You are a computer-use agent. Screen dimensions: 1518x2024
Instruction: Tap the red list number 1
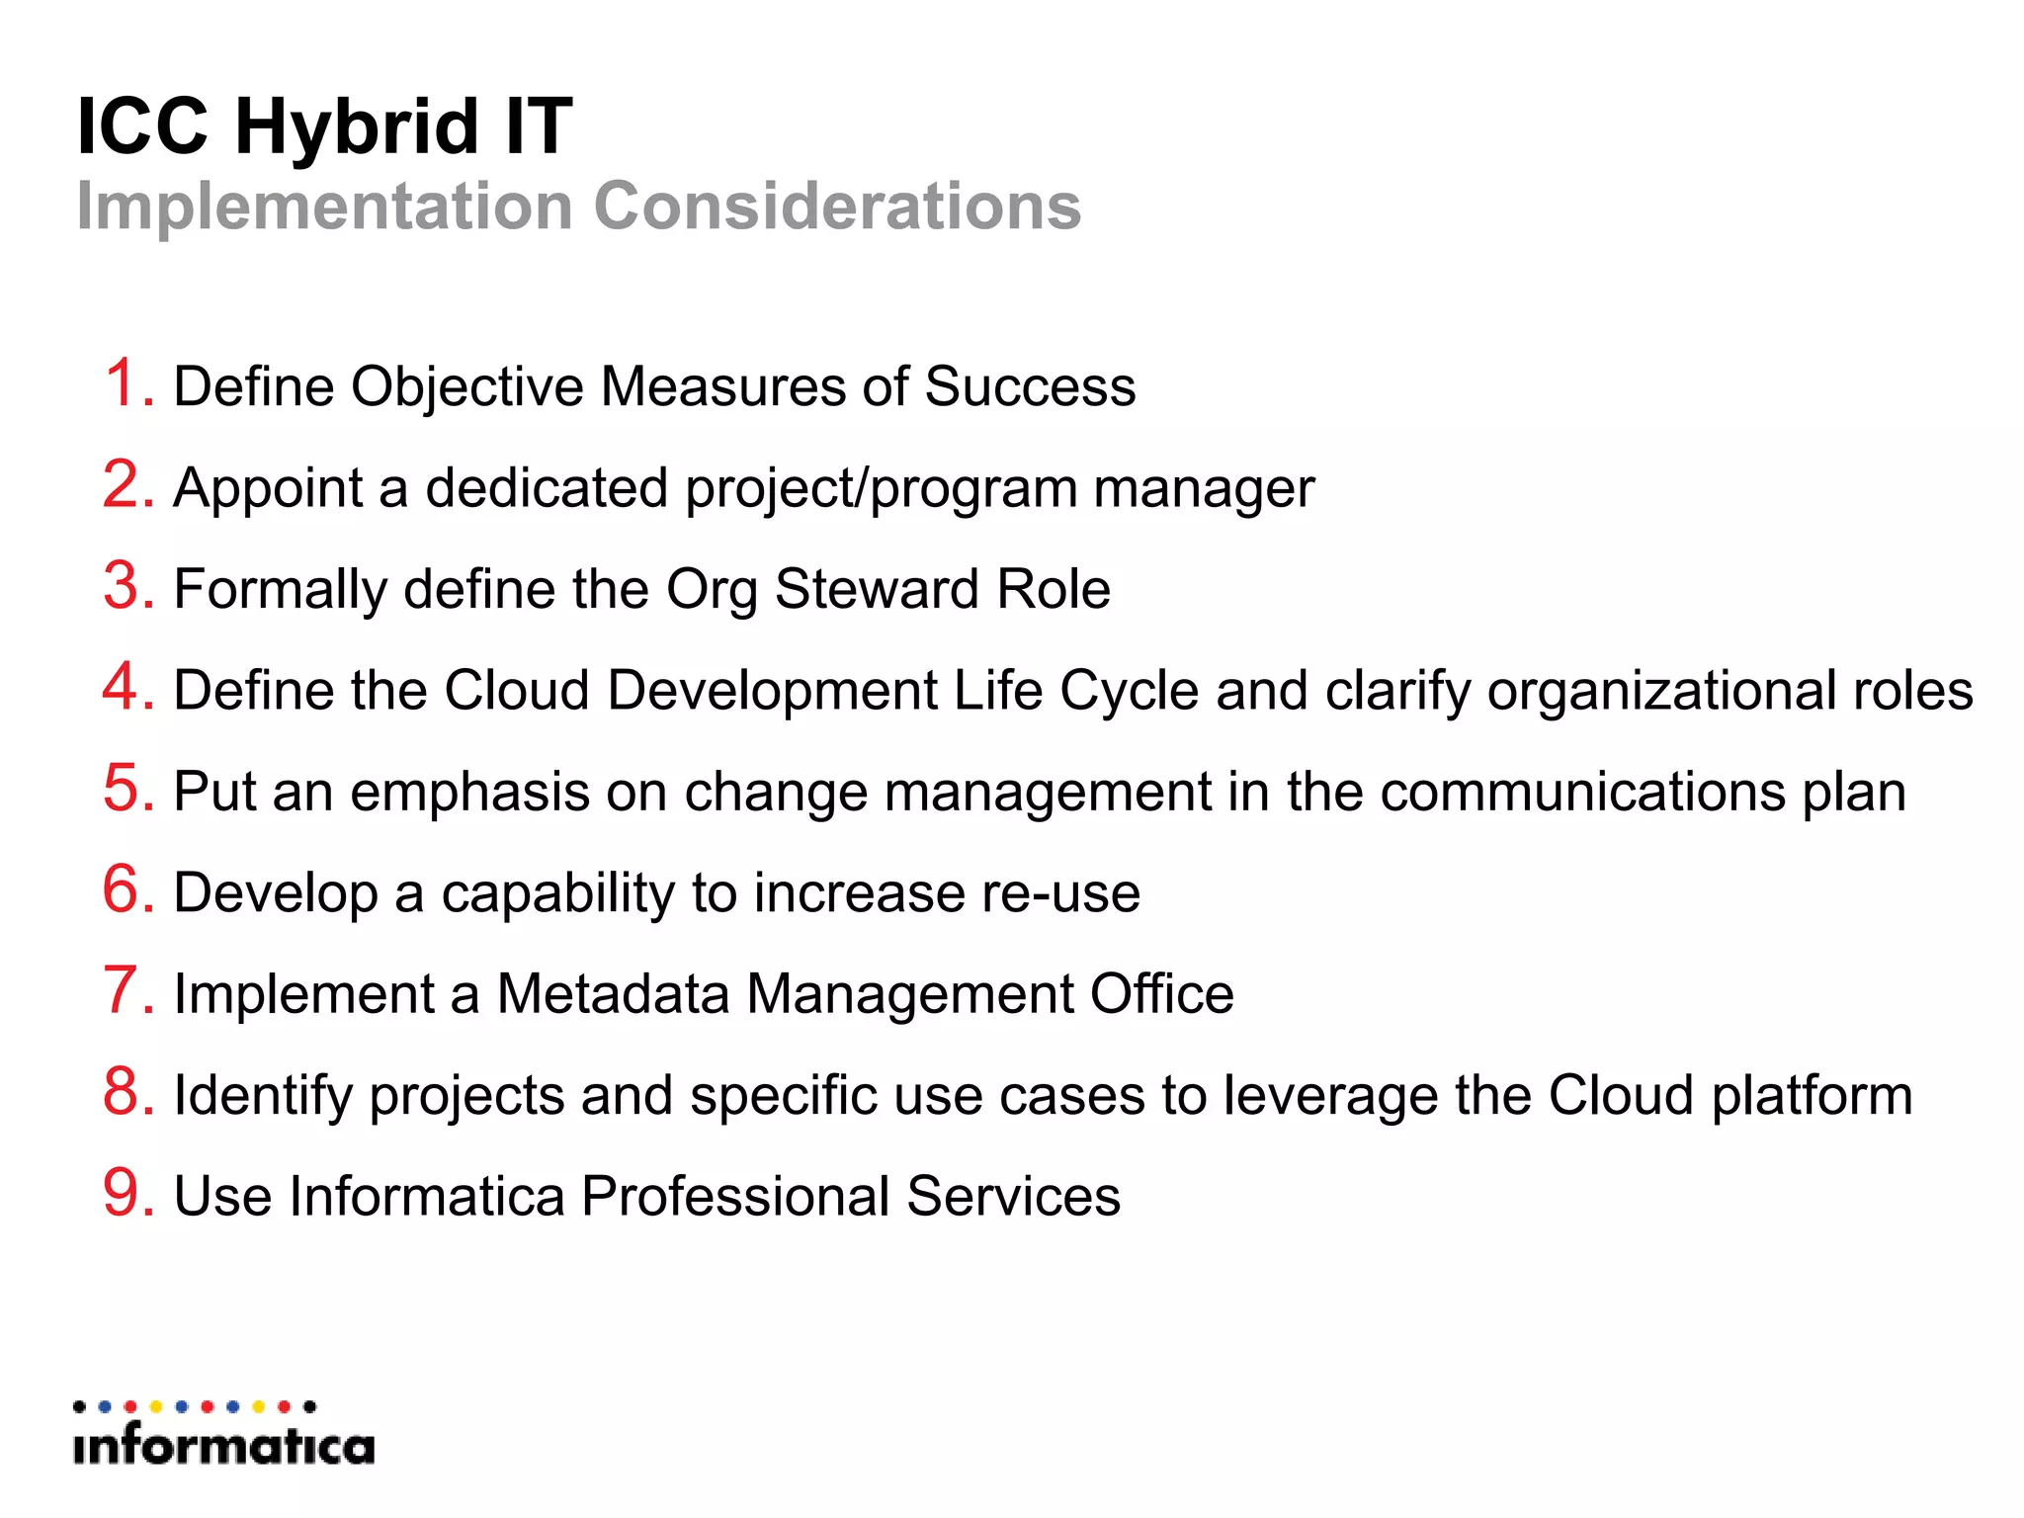point(126,383)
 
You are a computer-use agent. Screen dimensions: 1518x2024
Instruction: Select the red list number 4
point(126,687)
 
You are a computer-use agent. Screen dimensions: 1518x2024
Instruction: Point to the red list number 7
point(126,990)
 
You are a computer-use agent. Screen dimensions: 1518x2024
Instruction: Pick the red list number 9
point(126,1193)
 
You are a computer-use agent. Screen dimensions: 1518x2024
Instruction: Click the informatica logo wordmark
point(223,1446)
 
